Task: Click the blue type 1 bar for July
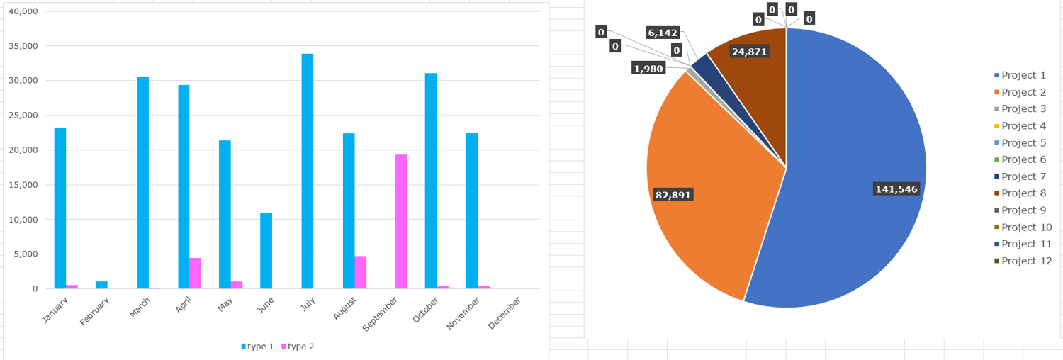pyautogui.click(x=307, y=171)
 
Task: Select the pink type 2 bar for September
pyautogui.click(x=401, y=221)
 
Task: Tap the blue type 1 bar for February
pyautogui.click(x=101, y=285)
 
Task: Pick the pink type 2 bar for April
pyautogui.click(x=195, y=273)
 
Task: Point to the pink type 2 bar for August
pyautogui.click(x=360, y=272)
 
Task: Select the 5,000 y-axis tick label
pyautogui.click(x=27, y=254)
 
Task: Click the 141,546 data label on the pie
pyautogui.click(x=896, y=189)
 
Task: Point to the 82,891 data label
pyautogui.click(x=673, y=195)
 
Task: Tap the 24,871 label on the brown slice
pyautogui.click(x=749, y=51)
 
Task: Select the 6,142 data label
pyautogui.click(x=663, y=32)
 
